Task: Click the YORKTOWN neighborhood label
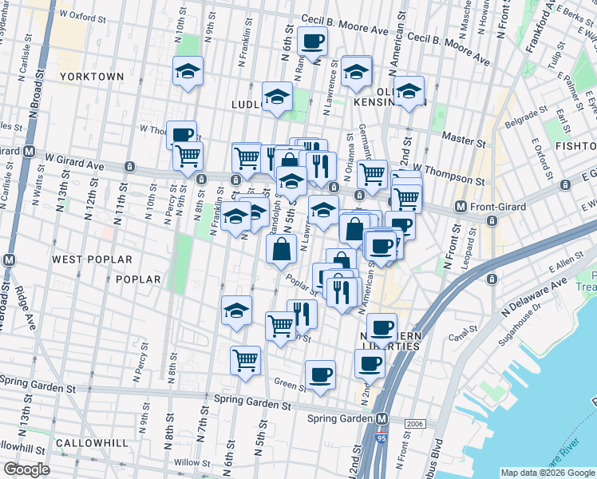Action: pyautogui.click(x=92, y=77)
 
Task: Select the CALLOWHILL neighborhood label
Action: pyautogui.click(x=88, y=443)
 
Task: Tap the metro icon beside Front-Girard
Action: pyautogui.click(x=461, y=207)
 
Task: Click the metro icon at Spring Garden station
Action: pyautogui.click(x=382, y=418)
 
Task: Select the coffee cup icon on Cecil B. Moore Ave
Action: pyautogui.click(x=312, y=41)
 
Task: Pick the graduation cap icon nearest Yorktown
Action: pyautogui.click(x=188, y=72)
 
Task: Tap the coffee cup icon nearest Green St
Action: pyautogui.click(x=320, y=374)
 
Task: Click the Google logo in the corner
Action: pyautogui.click(x=26, y=469)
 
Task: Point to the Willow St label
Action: pyautogui.click(x=191, y=462)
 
